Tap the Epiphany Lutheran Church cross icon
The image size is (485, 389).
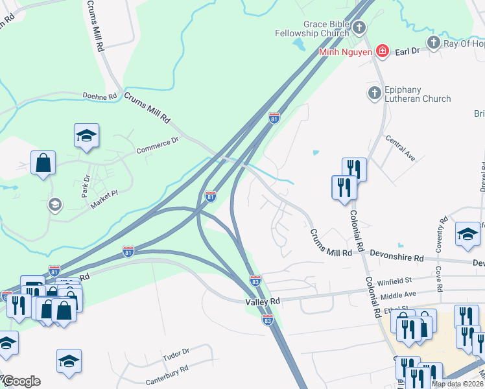coord(374,93)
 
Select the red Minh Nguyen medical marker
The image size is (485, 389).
coord(383,51)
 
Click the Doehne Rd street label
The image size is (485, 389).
coord(99,96)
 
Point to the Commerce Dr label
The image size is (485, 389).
coord(157,146)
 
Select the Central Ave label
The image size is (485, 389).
coord(400,148)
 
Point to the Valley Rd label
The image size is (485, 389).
coord(262,301)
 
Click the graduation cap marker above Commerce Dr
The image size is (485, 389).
coord(86,136)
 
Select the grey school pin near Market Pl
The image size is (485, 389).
coord(55,205)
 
